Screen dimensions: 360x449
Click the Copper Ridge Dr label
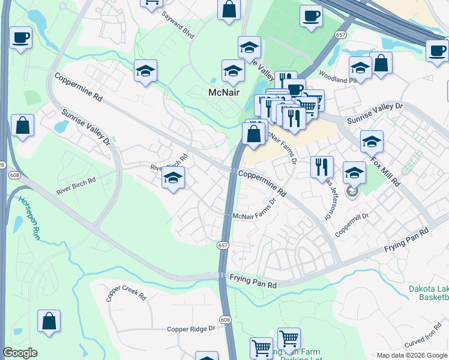[x=191, y=329]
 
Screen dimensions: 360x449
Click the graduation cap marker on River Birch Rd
[x=173, y=178]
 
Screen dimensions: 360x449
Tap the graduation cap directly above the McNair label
[x=233, y=71]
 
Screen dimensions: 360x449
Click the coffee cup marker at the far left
[x=20, y=38]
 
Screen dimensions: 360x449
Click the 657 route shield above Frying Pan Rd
[x=222, y=245]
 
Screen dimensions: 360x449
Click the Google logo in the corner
[x=20, y=353]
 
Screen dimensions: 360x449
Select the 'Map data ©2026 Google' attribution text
[x=412, y=355]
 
